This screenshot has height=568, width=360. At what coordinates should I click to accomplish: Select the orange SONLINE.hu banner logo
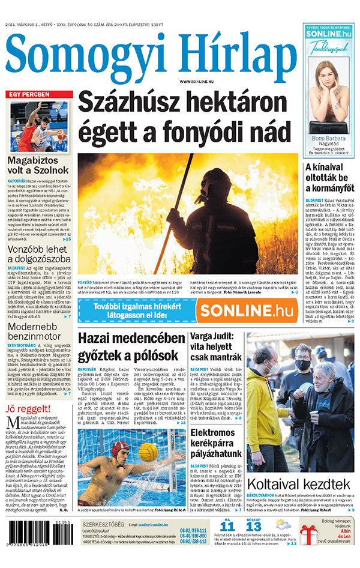coord(245,310)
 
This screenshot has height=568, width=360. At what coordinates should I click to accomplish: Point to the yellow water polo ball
coord(147,452)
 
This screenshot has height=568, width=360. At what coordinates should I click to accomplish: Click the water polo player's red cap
coord(121,447)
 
